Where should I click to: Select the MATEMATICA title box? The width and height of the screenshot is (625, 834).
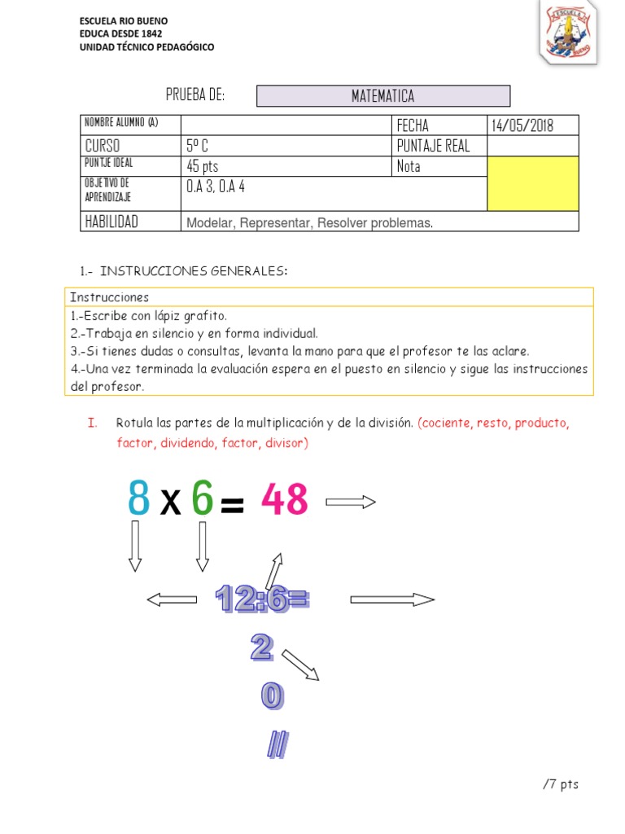point(383,96)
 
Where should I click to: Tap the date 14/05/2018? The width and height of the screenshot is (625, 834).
point(522,125)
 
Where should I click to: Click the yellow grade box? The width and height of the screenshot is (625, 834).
point(533,183)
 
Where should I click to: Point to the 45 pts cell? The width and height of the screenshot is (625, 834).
point(203,166)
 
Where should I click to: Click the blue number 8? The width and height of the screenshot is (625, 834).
point(139,499)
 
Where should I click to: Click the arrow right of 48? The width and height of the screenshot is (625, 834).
point(350,503)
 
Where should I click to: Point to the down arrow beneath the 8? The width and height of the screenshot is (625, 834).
point(135,546)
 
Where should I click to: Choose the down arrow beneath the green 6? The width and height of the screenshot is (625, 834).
point(203,546)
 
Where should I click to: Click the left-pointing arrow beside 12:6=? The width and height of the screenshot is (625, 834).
point(172,599)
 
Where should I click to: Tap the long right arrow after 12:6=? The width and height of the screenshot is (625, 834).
point(392,599)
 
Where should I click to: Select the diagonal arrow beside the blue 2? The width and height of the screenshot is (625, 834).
point(299,663)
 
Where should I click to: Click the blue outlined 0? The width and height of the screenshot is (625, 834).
point(272,695)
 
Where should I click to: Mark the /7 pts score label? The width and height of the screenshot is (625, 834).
point(560,784)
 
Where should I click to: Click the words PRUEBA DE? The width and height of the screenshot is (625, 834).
point(195,95)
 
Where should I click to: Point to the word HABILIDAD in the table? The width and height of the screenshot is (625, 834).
point(111,222)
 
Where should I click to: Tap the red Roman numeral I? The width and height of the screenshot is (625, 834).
point(91,423)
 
